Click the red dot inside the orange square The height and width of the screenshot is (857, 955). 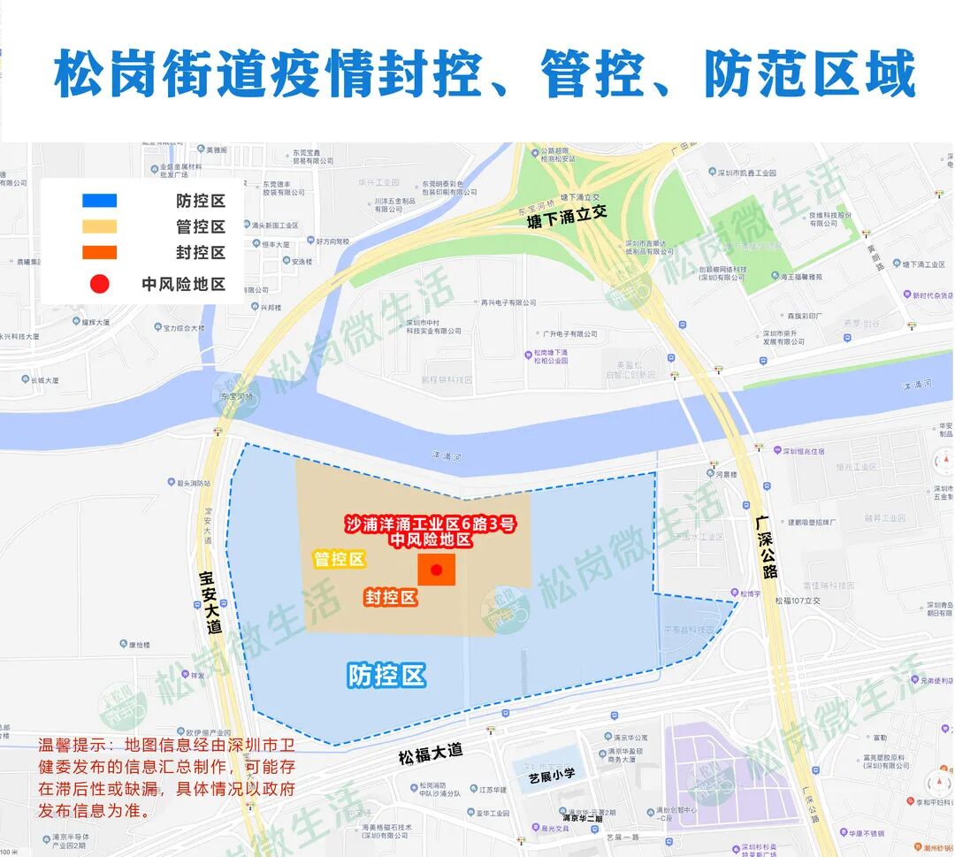pyautogui.click(x=436, y=570)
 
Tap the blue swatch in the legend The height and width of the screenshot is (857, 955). pyautogui.click(x=99, y=201)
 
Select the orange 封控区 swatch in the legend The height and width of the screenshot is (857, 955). pyautogui.click(x=99, y=253)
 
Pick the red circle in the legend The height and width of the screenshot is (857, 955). pyautogui.click(x=99, y=284)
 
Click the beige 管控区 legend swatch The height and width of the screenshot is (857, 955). pyautogui.click(x=99, y=226)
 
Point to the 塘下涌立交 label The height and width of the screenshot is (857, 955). pyautogui.click(x=563, y=214)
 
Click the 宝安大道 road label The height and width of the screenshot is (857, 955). pyautogui.click(x=211, y=601)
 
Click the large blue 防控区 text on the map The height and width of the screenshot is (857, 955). pyautogui.click(x=386, y=677)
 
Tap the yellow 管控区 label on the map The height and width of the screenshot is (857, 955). pyautogui.click(x=340, y=559)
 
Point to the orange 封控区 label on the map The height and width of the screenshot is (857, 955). pyautogui.click(x=390, y=598)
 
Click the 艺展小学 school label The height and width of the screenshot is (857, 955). pyautogui.click(x=552, y=775)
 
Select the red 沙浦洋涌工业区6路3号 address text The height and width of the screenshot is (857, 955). pyautogui.click(x=430, y=524)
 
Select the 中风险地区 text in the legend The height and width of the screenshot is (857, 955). pyautogui.click(x=184, y=284)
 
